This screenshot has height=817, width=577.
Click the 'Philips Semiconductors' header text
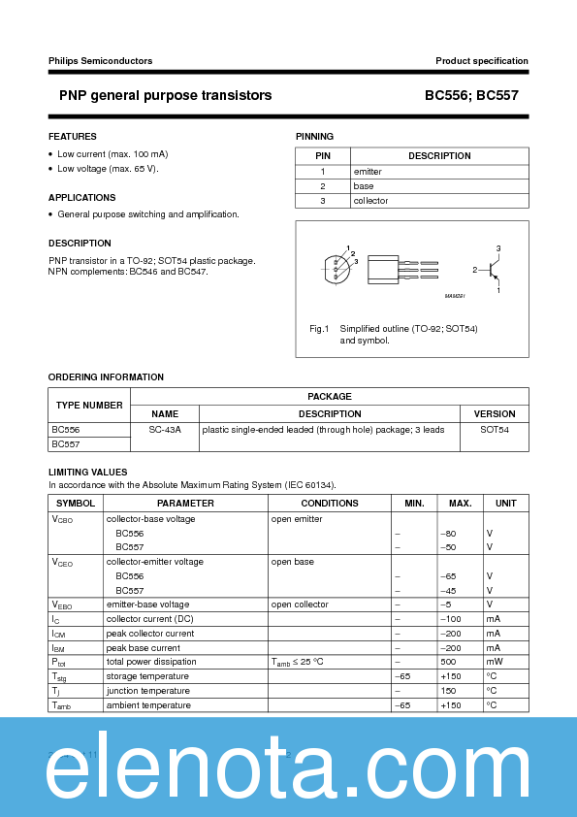[100, 61]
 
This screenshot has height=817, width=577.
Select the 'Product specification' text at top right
[481, 61]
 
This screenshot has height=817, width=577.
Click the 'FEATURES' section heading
[73, 137]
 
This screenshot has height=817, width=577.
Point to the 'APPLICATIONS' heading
[82, 198]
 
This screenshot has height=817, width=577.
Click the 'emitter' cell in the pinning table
[368, 172]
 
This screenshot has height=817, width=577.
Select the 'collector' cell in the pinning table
[370, 201]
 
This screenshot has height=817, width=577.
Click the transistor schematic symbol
[494, 269]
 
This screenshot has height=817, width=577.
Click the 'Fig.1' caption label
[320, 329]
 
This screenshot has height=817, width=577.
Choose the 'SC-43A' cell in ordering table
[165, 429]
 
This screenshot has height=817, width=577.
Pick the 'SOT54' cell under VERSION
[495, 429]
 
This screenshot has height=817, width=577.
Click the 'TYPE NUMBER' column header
[89, 406]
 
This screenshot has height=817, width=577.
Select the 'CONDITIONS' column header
[330, 504]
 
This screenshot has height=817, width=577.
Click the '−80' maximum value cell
[448, 534]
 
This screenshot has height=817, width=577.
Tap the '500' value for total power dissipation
[448, 662]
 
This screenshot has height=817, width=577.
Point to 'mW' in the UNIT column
[493, 662]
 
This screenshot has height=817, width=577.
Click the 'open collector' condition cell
[302, 605]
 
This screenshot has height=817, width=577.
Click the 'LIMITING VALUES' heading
[88, 472]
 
